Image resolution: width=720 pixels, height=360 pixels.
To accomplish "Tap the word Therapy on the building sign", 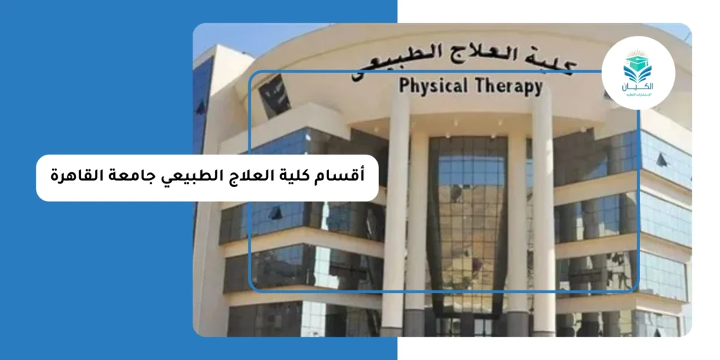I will coord(508,87).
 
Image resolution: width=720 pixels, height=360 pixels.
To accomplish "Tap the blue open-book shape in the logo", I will coord(638,72).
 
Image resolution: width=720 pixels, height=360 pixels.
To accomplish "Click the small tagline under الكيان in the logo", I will coord(638,94).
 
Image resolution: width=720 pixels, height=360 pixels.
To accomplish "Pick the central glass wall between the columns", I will coord(467,225).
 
